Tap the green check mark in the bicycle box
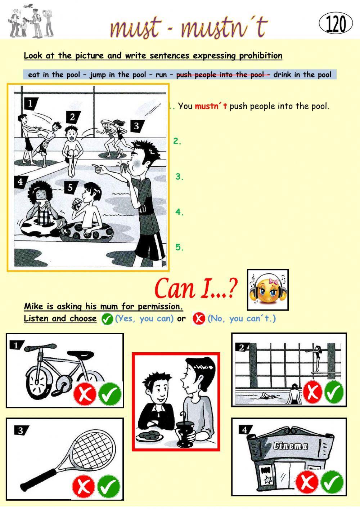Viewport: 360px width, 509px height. click(110, 394)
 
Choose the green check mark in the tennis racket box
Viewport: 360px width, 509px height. click(109, 486)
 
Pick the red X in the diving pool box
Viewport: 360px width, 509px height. click(312, 392)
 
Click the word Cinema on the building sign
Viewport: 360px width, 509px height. click(291, 446)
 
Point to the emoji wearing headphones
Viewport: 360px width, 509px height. click(268, 290)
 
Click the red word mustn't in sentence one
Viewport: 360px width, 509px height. click(211, 106)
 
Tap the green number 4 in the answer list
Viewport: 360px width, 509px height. click(179, 212)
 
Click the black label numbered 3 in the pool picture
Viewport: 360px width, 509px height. click(137, 126)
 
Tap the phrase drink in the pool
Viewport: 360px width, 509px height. click(302, 75)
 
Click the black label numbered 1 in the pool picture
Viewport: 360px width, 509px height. click(31, 104)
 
